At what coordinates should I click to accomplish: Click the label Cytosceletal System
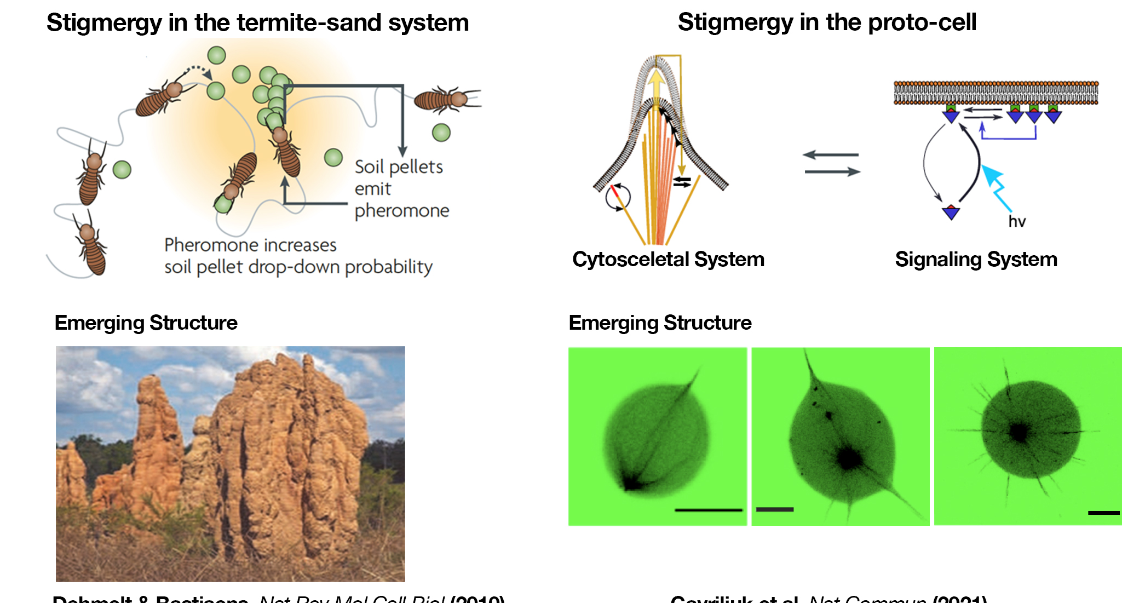pos(668,260)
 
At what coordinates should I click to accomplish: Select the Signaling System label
pos(976,260)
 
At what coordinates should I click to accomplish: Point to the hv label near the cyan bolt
pos(1017,222)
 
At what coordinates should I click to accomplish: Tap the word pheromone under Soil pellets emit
pos(402,211)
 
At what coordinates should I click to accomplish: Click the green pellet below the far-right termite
pos(441,133)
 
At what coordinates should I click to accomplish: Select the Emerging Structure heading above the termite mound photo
pos(146,323)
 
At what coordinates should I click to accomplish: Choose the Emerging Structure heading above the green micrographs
pos(660,323)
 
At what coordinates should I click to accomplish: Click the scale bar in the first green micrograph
pos(709,510)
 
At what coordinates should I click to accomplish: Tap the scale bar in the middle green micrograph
pos(774,509)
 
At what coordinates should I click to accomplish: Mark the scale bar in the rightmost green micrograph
pos(1103,513)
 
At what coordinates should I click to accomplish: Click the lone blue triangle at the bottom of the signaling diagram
pos(951,212)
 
